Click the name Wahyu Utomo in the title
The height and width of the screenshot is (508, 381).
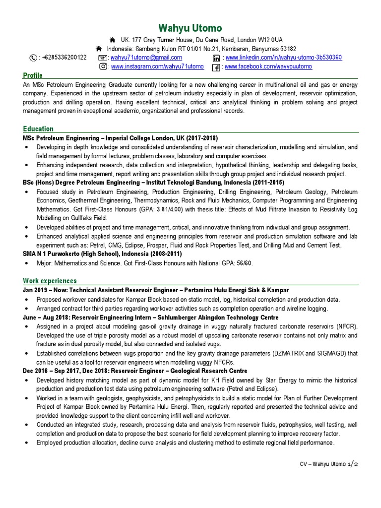click(x=190, y=28)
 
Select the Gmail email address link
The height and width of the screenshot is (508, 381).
click(x=146, y=58)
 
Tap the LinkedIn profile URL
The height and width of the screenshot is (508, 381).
click(x=284, y=58)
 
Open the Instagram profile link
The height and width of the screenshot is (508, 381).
click(x=157, y=66)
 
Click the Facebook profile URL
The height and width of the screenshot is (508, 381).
click(x=268, y=66)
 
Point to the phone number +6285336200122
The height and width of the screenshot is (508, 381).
click(x=64, y=58)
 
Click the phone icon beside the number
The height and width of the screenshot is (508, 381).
click(x=33, y=58)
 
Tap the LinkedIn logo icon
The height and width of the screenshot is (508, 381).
click(x=216, y=58)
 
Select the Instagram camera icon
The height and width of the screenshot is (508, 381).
click(x=103, y=66)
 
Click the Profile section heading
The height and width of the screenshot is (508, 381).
click(x=33, y=75)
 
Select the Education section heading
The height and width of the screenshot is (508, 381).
click(x=38, y=128)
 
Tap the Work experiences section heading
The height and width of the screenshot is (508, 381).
click(x=50, y=281)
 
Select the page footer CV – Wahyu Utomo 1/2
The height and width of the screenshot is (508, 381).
click(x=329, y=463)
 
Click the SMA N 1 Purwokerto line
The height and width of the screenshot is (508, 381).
click(x=102, y=254)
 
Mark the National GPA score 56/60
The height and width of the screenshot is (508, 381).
click(x=243, y=263)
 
